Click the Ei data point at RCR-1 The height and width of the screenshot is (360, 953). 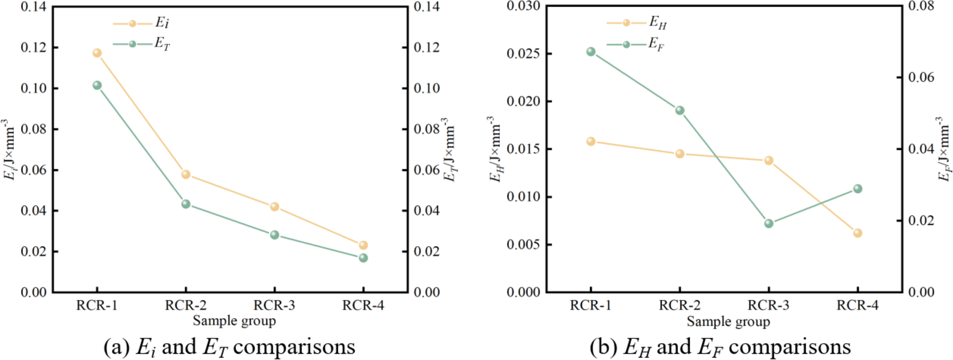(x=97, y=53)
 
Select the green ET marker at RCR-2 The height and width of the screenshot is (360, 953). (x=186, y=204)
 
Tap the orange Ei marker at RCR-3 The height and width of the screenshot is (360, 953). (x=275, y=207)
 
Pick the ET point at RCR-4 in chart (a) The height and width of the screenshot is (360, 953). (x=363, y=258)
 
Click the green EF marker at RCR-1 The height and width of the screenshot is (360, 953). (x=591, y=52)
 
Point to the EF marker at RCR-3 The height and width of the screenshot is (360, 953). (x=769, y=223)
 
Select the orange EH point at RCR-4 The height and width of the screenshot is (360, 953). (x=857, y=233)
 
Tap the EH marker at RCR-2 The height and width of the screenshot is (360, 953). (x=680, y=154)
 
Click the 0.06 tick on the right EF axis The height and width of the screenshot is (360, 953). (x=921, y=77)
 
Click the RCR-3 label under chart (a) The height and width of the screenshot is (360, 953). (x=275, y=306)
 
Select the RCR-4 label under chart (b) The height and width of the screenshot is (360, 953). (x=857, y=306)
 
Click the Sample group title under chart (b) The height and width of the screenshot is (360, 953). (x=728, y=321)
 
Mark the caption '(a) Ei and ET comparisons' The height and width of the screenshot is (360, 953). (x=229, y=347)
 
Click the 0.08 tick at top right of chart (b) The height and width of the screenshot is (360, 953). (x=921, y=7)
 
